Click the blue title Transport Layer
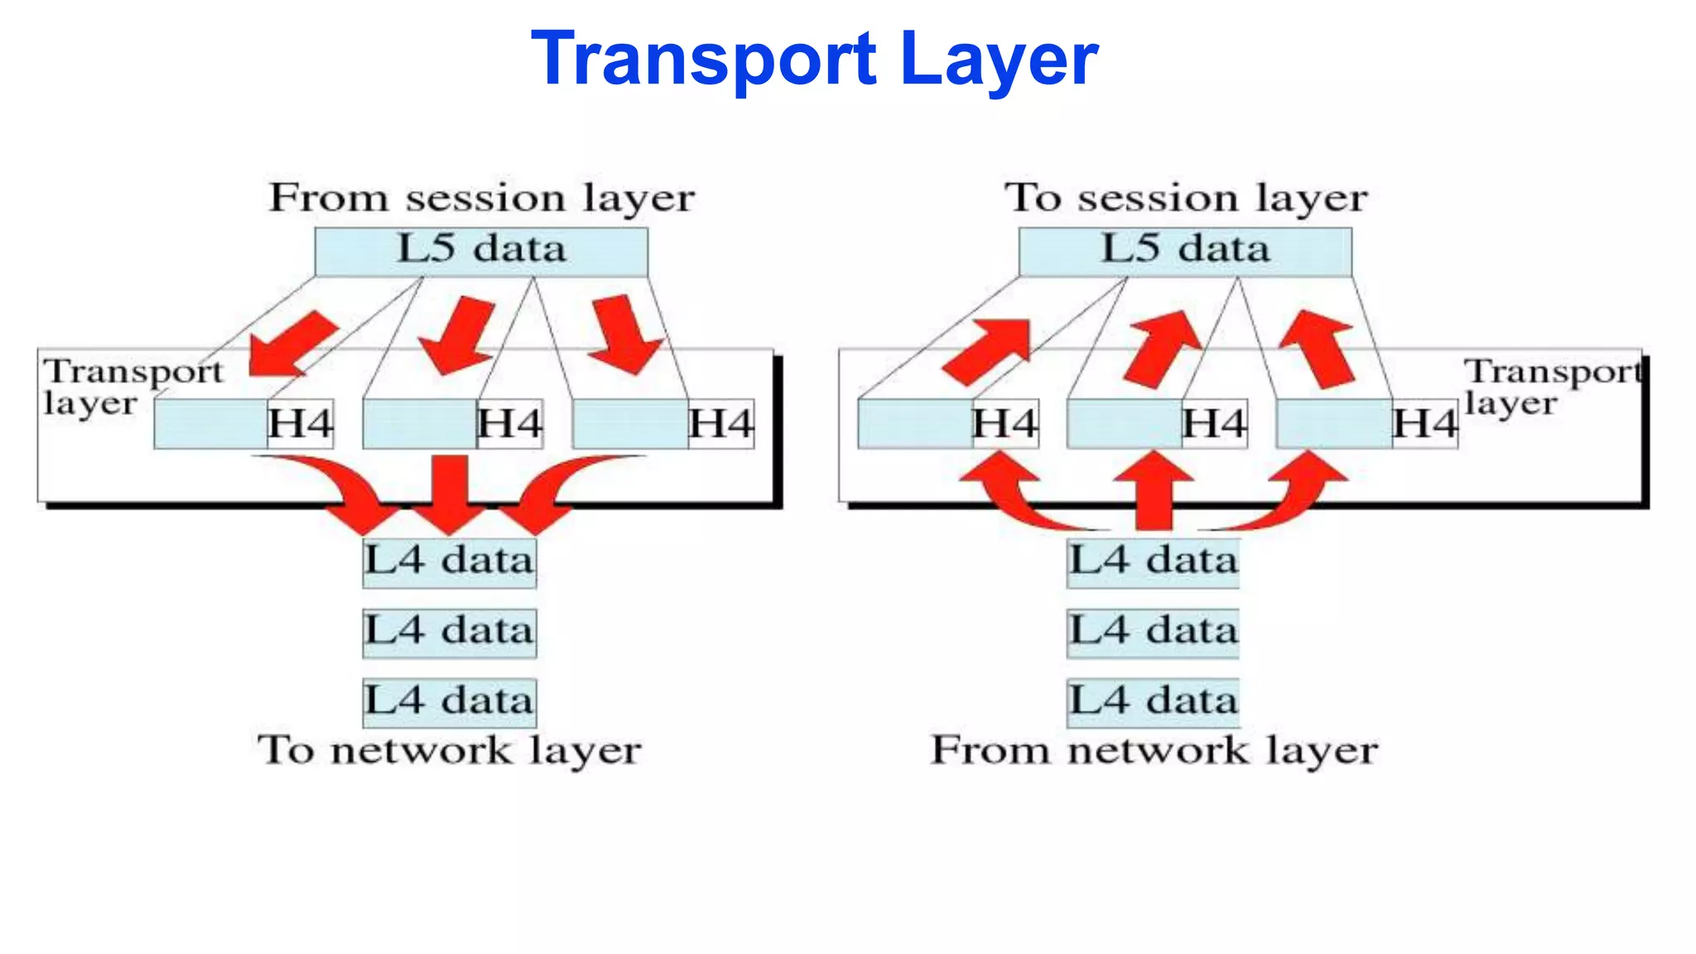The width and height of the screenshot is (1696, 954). (814, 58)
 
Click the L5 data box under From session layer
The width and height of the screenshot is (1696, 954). (481, 251)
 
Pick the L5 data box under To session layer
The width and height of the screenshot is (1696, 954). (1185, 251)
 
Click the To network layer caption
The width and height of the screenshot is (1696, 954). (450, 751)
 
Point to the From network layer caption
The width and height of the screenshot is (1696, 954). (1154, 751)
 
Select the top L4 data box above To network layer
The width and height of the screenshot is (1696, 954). (450, 562)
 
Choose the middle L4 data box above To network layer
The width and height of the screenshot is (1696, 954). (450, 633)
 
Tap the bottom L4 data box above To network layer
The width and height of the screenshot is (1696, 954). (450, 702)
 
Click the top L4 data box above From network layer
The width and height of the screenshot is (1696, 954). (1153, 562)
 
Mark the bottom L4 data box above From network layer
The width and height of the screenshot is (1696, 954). (1153, 702)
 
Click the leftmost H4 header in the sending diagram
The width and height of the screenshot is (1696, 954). (300, 424)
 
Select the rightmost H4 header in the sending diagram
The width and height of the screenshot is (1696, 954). (720, 424)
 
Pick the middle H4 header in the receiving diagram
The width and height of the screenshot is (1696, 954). (1214, 424)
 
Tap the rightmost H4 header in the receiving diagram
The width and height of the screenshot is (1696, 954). (1424, 424)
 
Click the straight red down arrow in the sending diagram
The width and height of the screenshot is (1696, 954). (450, 493)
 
